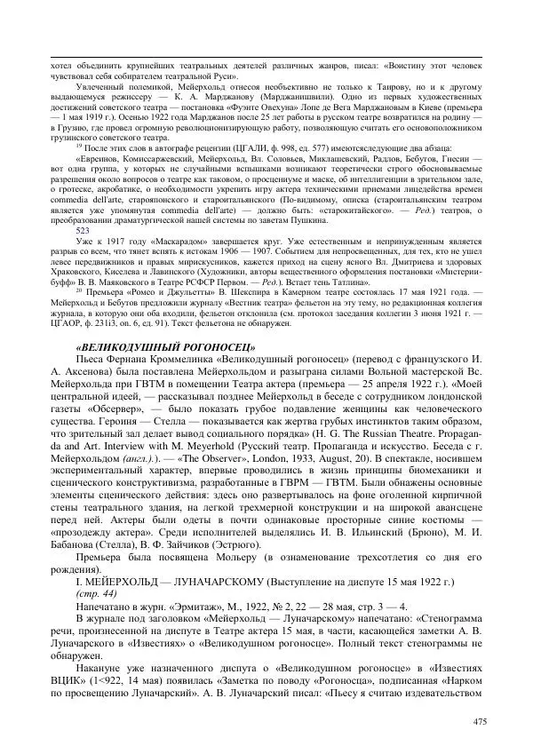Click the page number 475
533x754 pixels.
[x=480, y=720]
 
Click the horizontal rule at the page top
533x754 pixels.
[x=266, y=58]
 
